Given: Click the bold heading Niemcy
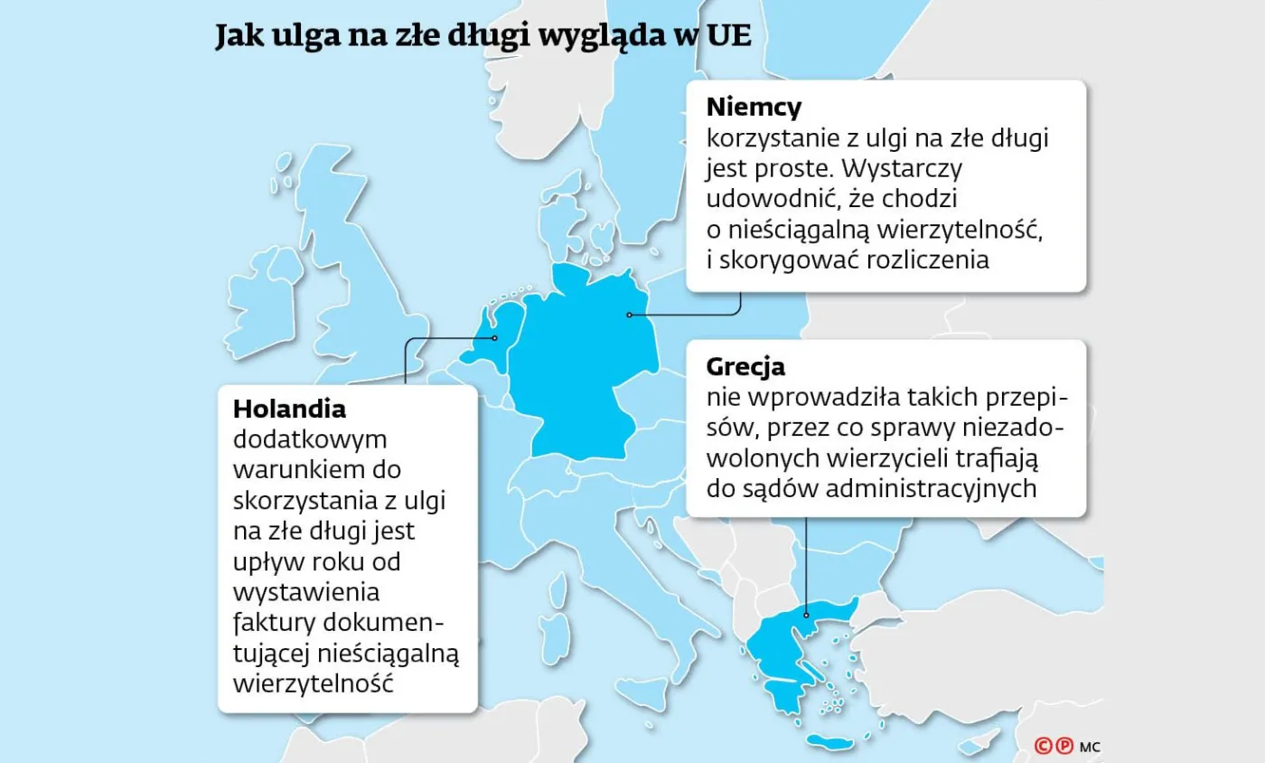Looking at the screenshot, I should [x=754, y=108].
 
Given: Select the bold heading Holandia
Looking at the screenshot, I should [x=289, y=409].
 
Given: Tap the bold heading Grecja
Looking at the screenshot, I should [x=745, y=367].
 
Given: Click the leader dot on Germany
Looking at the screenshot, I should [x=629, y=315].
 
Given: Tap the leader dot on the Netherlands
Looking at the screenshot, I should [x=495, y=338].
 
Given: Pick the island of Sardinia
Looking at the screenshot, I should [x=558, y=629].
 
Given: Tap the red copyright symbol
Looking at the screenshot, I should [x=1045, y=746].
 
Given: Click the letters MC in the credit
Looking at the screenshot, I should [x=1089, y=747].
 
